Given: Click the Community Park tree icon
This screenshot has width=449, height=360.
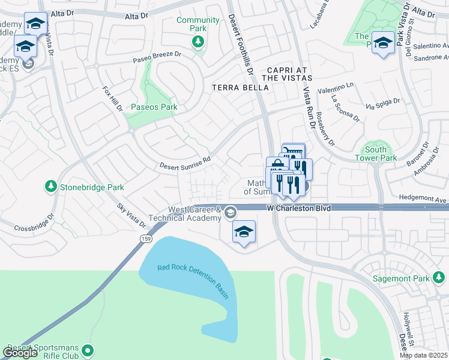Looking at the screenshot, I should click(197, 41).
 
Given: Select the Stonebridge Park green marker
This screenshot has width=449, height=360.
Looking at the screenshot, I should click(51, 187).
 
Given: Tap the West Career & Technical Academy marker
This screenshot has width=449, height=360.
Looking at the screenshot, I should click(231, 212).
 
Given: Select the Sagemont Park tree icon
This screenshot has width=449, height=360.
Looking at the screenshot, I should click(439, 278).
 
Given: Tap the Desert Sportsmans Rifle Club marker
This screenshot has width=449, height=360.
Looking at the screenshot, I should click(89, 349).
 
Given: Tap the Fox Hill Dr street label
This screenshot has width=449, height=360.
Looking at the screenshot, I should click(112, 100).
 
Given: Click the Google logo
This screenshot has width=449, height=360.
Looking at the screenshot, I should click(20, 353).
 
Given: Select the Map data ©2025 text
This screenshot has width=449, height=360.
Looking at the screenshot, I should click(424, 355).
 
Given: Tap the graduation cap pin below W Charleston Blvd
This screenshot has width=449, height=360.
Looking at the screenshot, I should click(244, 232).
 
